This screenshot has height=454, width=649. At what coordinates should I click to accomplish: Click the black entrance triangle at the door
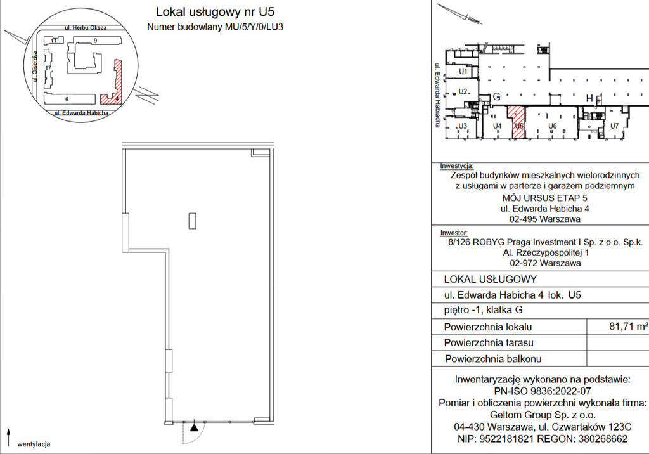[x=195, y=428]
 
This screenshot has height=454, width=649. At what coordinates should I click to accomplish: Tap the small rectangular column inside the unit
[x=193, y=221]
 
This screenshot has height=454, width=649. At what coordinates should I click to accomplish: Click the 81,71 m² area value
[x=628, y=327]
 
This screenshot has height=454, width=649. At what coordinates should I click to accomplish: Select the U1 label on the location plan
[x=463, y=72]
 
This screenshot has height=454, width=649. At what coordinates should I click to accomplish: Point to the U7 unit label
[x=615, y=126]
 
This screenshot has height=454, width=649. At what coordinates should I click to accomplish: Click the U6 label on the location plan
[x=553, y=126]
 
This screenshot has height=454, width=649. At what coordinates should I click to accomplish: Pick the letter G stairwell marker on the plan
[x=497, y=97]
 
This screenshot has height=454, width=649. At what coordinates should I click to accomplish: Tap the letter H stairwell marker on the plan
[x=589, y=98]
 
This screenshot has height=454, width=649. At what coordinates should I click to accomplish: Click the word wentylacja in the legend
[x=34, y=444]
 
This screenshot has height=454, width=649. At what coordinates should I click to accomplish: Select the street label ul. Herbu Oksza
[x=86, y=28]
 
